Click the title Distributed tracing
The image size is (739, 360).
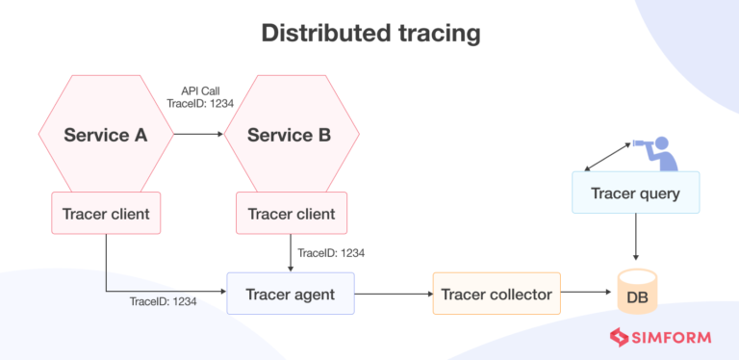(x=369, y=34)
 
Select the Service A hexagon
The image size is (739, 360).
(x=106, y=135)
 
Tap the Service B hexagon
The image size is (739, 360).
(x=290, y=135)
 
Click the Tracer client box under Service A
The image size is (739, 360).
(x=106, y=214)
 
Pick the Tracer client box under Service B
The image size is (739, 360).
(x=291, y=214)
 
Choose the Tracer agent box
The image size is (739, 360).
(x=291, y=294)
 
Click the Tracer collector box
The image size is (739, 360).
(x=496, y=294)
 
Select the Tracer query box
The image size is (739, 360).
(x=635, y=193)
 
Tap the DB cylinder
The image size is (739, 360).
(x=636, y=296)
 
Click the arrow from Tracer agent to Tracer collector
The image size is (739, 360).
(x=394, y=294)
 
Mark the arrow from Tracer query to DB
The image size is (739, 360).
(x=635, y=238)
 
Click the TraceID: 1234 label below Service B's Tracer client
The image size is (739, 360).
(x=330, y=253)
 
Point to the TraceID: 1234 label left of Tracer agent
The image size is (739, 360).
(x=164, y=301)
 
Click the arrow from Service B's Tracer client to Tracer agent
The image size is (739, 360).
(x=291, y=252)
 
